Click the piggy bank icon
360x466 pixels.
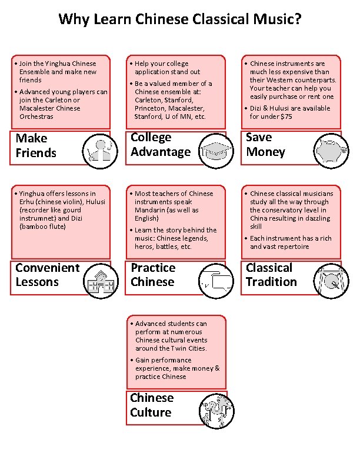click(331, 151)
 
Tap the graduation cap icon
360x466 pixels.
click(216, 151)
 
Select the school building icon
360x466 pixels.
click(101, 281)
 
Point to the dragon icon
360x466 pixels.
click(216, 411)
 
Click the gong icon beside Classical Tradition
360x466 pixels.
click(331, 281)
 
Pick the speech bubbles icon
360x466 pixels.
click(216, 281)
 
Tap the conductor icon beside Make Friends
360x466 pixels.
click(100, 151)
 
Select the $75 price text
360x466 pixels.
click(286, 116)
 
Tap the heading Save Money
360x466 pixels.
click(265, 144)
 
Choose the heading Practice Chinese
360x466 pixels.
click(153, 275)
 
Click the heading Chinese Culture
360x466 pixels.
click(152, 405)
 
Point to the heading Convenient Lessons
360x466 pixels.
click(48, 275)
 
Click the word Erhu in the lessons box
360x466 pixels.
click(26, 202)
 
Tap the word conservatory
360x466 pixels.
click(301, 210)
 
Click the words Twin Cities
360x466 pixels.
click(188, 348)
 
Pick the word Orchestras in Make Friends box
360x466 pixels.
click(36, 116)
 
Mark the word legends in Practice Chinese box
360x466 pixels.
click(196, 238)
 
